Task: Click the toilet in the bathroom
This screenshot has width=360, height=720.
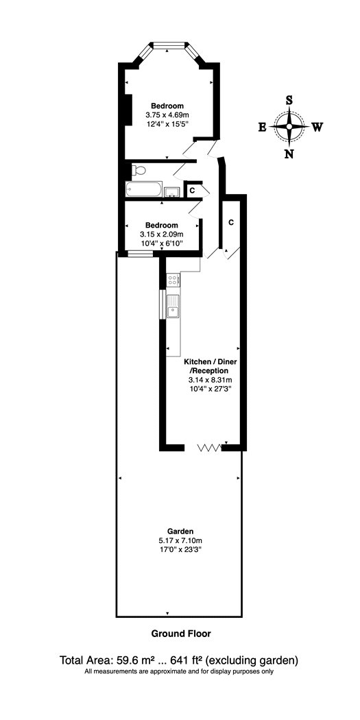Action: [139, 171]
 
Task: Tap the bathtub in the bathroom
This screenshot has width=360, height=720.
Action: [144, 189]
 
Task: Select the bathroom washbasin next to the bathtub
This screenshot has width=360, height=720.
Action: [171, 191]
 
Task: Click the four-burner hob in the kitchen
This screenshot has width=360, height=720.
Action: [173, 279]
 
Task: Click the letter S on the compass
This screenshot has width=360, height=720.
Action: [289, 99]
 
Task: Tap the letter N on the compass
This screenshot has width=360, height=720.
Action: [289, 154]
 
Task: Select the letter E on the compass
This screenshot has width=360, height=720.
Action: [262, 127]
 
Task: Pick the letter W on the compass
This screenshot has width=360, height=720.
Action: [317, 127]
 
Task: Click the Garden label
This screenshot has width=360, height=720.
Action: [180, 531]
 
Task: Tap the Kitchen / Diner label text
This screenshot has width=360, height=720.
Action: [211, 362]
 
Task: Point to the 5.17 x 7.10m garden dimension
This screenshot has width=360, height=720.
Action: [180, 540]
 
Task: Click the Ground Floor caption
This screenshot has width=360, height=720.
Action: [182, 634]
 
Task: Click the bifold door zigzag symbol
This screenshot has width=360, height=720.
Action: [209, 448]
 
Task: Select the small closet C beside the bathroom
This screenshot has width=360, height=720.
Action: [192, 190]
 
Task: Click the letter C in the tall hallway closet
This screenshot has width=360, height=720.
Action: [232, 222]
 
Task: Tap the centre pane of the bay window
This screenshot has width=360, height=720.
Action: [168, 45]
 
